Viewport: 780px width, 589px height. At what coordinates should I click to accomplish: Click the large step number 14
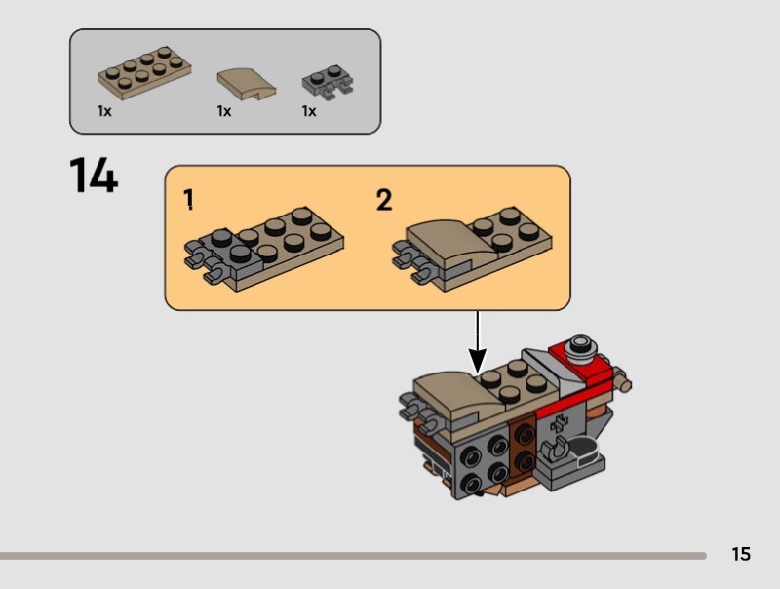94,177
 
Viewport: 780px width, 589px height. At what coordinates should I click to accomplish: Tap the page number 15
741,554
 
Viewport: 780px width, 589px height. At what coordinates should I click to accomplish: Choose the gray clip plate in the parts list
327,84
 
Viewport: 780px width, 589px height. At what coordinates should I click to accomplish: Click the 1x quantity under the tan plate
104,111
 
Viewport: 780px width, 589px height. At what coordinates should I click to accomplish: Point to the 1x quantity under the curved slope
224,111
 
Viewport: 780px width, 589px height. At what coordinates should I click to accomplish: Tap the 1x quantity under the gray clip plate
309,111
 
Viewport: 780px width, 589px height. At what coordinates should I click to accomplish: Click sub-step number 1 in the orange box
189,200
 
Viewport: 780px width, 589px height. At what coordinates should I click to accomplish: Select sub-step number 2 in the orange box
384,200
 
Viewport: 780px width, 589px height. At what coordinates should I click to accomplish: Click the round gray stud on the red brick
582,343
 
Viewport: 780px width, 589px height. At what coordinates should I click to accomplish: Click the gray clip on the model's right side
559,452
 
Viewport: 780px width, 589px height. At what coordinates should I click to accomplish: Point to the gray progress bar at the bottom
351,556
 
